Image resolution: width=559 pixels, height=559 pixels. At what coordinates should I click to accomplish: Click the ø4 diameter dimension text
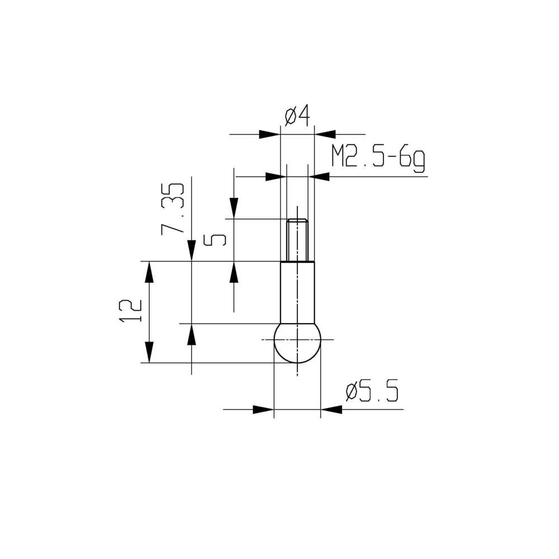(x=297, y=116)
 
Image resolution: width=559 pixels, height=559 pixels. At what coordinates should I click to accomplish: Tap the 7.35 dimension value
(x=173, y=208)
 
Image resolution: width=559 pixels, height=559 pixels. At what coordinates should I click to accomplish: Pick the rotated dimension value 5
(x=215, y=240)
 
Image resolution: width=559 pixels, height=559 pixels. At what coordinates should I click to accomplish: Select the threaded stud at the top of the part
(x=297, y=240)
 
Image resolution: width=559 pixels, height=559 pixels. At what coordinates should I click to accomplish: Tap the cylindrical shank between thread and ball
(x=297, y=292)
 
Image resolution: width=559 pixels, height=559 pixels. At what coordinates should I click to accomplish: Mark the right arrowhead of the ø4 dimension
(x=325, y=134)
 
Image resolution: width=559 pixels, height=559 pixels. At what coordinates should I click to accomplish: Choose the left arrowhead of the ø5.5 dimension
(x=263, y=409)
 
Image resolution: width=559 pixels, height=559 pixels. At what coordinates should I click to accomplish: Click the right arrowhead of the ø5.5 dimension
(x=331, y=409)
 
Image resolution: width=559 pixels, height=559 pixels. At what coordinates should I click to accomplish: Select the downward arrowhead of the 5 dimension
(x=234, y=209)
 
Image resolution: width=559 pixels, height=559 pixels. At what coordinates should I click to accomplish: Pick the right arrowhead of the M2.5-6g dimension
(x=321, y=177)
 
